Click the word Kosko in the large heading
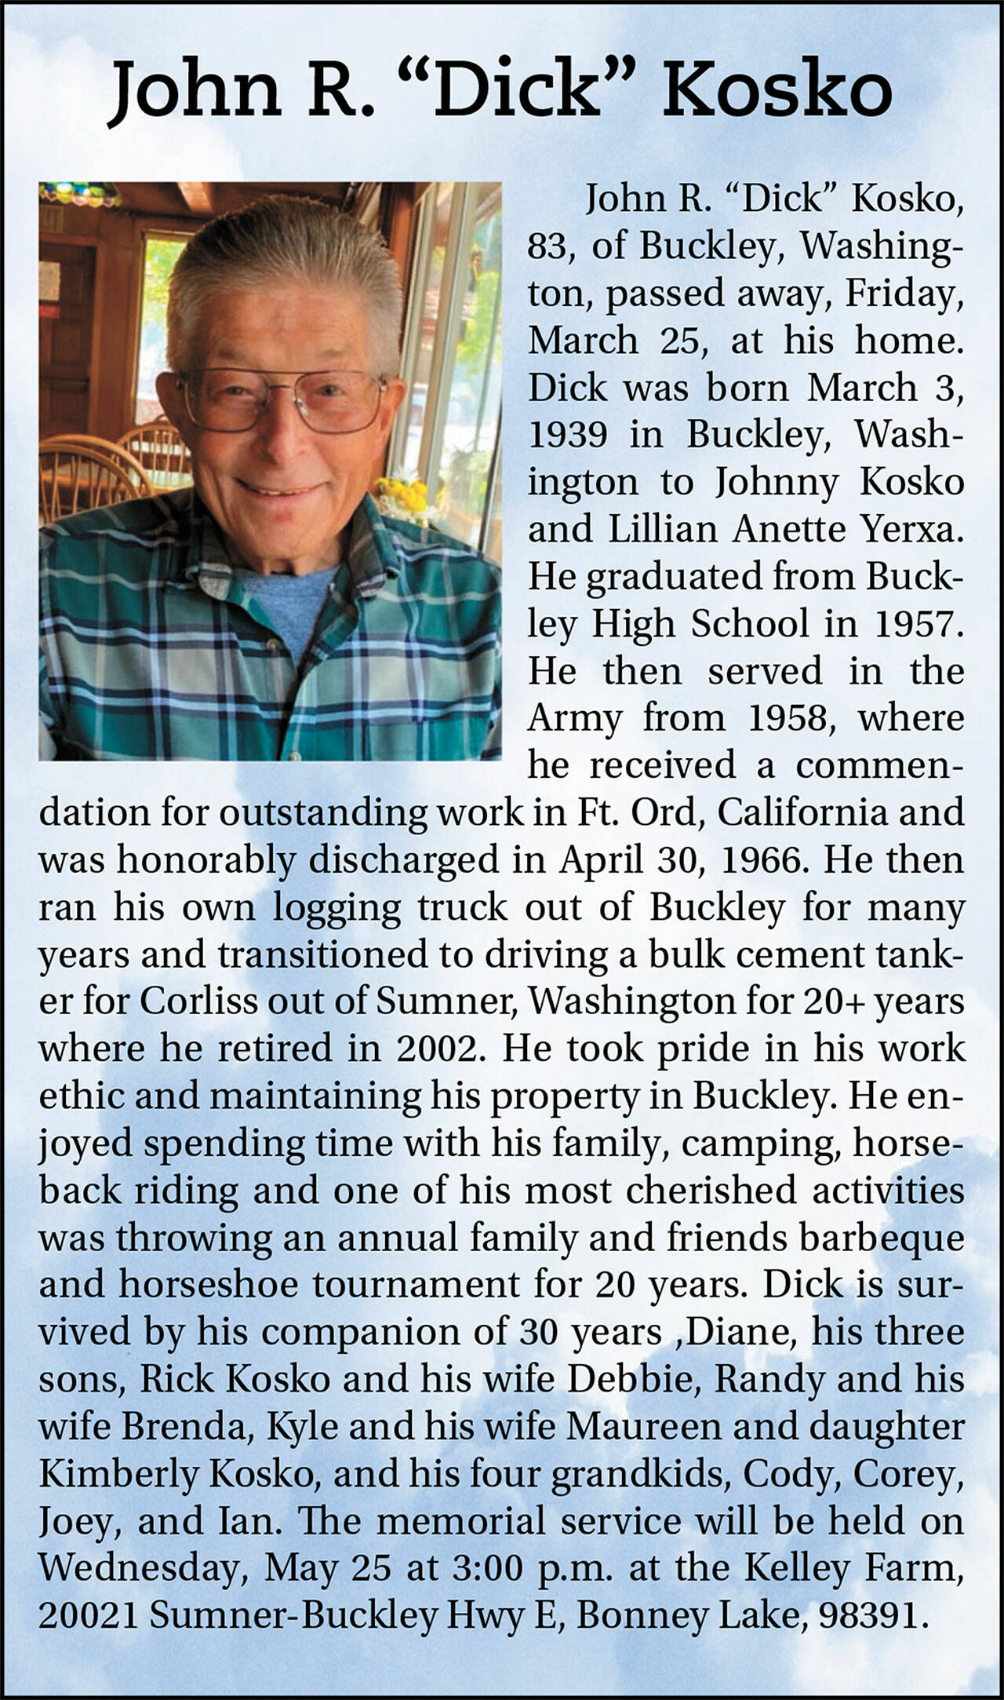coord(777,93)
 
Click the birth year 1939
coord(567,435)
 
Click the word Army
coord(574,719)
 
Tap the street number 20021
coord(88,1616)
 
